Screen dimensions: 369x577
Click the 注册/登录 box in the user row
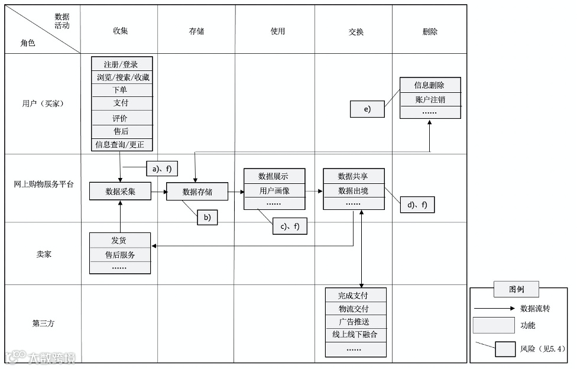[x=121, y=64]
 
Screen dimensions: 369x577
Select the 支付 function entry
[x=121, y=103]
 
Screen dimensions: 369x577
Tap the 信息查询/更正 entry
[x=121, y=144]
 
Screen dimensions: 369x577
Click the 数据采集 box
[x=120, y=191]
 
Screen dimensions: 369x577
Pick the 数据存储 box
[x=197, y=192]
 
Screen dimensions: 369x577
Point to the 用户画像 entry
[x=274, y=190]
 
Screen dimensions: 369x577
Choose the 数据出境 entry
[x=353, y=190]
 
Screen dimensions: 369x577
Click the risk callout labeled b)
[x=207, y=217]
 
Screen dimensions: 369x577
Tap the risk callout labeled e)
[x=367, y=109]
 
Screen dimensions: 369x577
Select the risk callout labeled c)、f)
[x=290, y=226]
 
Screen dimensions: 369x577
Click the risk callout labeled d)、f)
[x=417, y=205]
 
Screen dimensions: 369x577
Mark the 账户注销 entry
[x=430, y=99]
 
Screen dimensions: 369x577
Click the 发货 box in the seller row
[x=119, y=241]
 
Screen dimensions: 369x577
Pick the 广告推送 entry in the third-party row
[x=355, y=322]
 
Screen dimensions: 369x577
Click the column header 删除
[x=430, y=31]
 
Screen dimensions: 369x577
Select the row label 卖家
[x=44, y=254]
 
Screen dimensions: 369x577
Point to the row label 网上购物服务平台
[x=44, y=184]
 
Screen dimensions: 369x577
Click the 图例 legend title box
[x=516, y=289]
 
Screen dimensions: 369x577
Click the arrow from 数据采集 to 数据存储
[x=158, y=192]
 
